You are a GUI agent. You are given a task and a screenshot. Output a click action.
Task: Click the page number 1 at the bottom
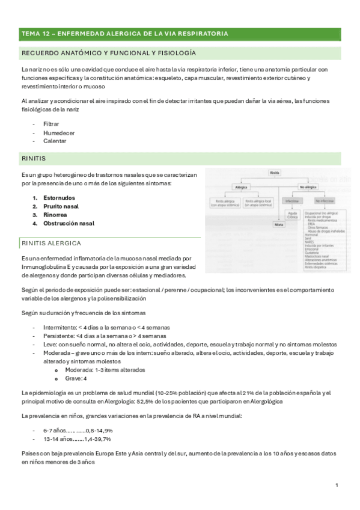(x=337, y=485)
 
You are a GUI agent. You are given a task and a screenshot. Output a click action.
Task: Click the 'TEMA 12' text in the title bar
(x=37, y=34)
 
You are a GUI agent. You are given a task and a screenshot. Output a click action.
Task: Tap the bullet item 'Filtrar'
(x=51, y=123)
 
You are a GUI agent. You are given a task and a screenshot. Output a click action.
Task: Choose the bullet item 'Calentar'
(x=54, y=141)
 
